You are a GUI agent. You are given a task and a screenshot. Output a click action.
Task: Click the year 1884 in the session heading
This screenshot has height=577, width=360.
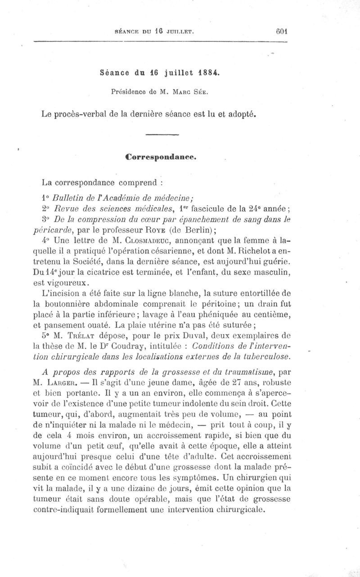tap(207, 73)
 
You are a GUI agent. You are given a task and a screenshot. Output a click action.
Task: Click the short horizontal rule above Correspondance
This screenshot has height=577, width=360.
tap(162, 134)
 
